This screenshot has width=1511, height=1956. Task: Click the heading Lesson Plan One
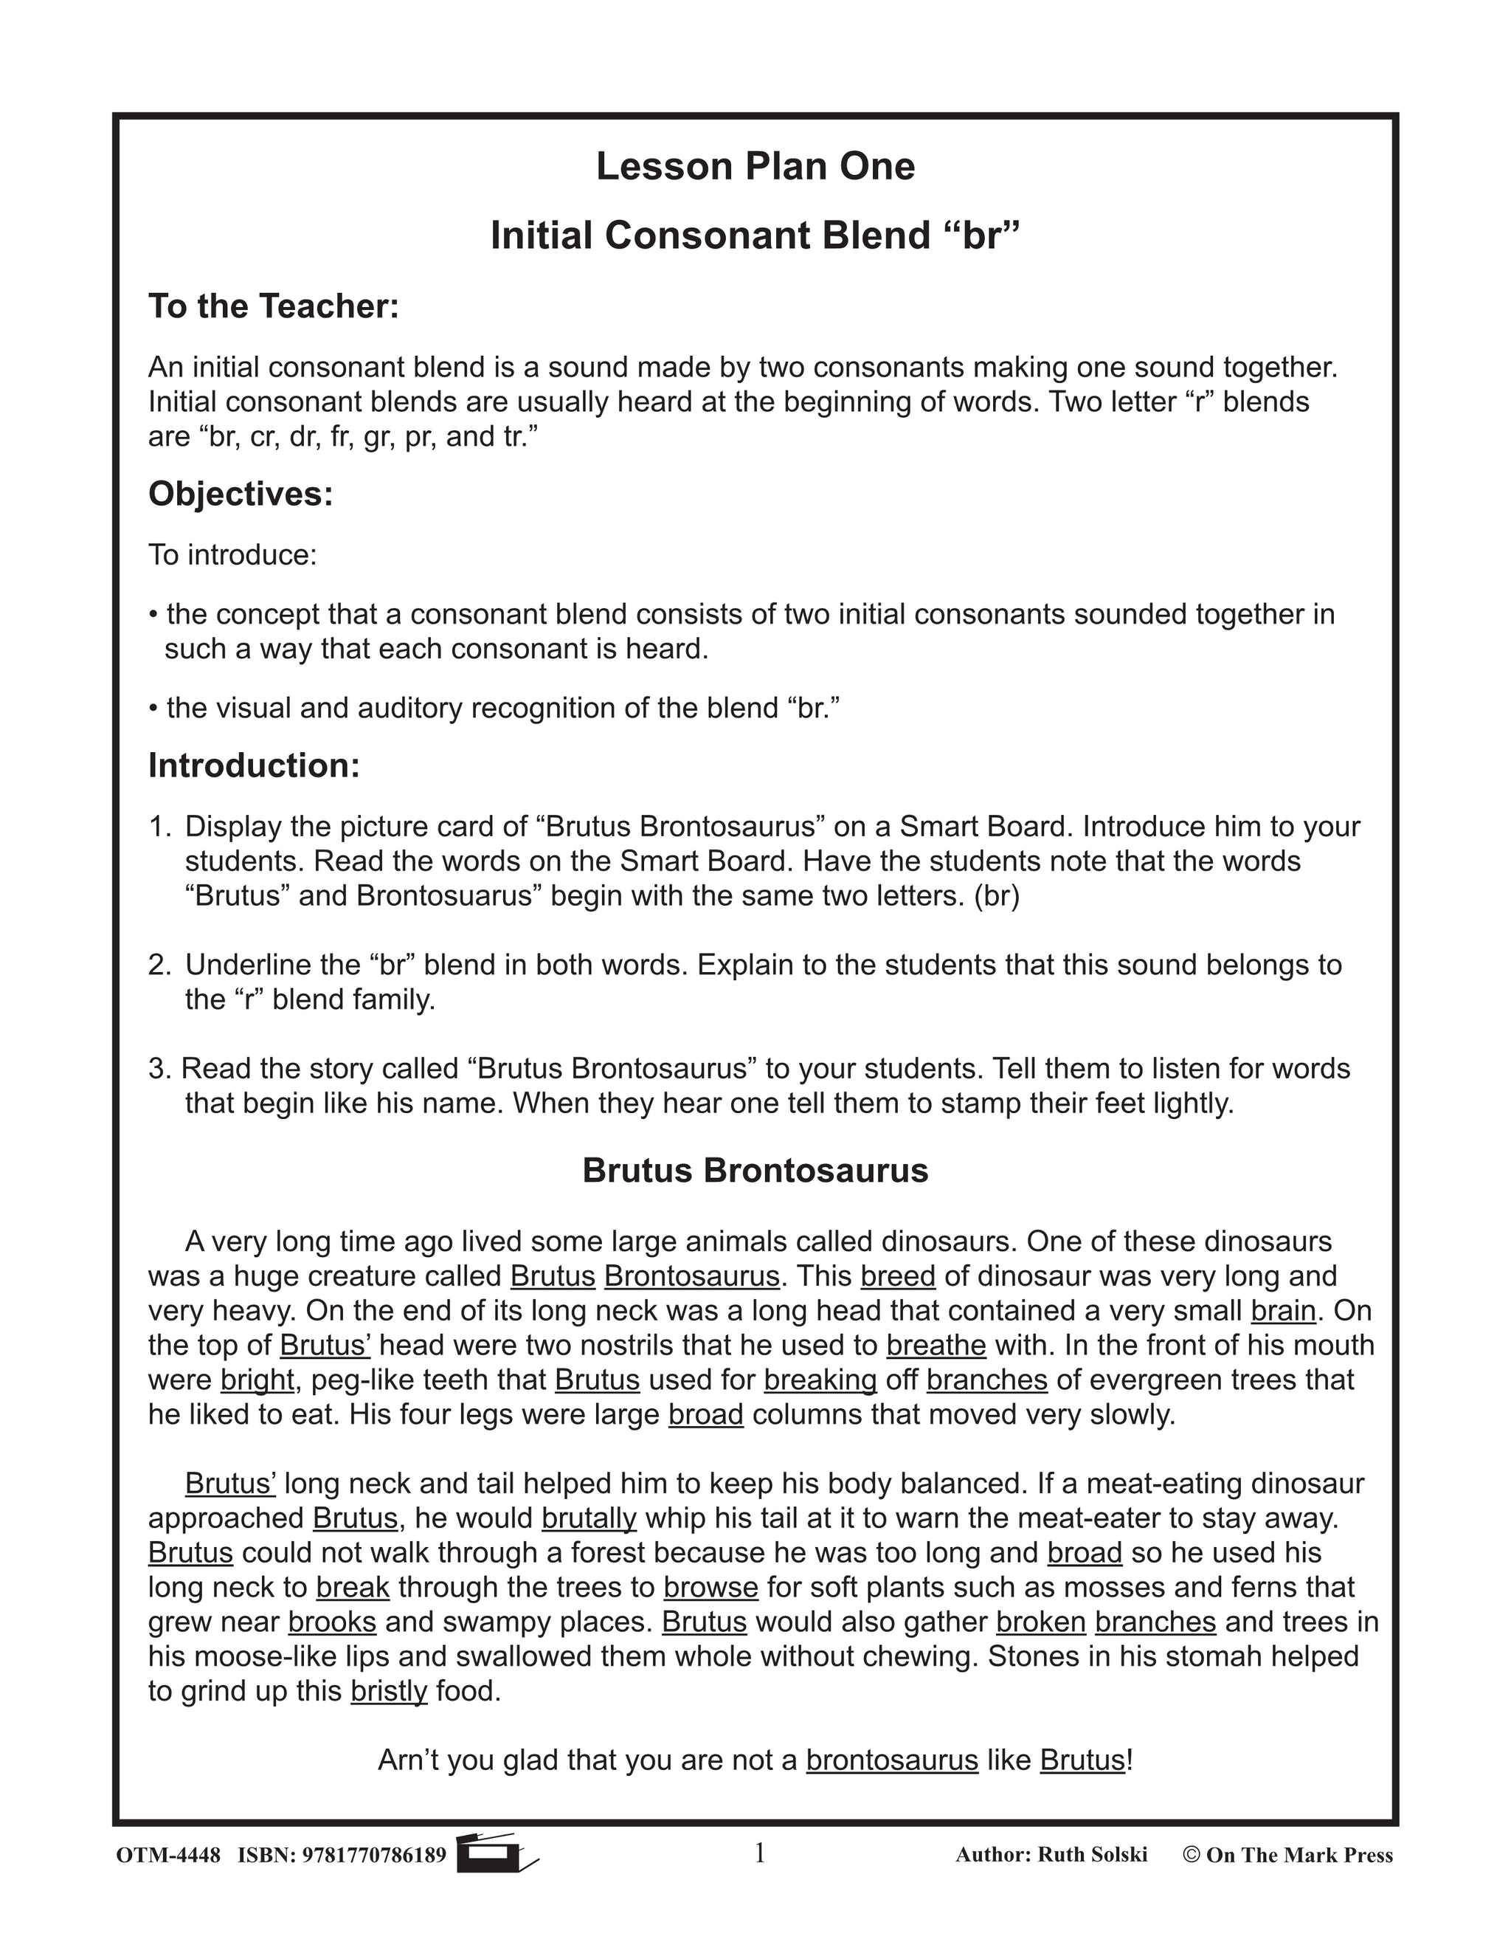755,167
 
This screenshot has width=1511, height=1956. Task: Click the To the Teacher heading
273,306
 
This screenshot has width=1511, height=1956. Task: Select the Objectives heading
240,494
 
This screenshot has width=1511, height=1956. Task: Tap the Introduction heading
253,765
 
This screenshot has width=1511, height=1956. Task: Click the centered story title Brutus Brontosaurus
755,1171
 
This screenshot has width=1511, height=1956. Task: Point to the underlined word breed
897,1276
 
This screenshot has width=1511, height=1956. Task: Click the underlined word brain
1283,1311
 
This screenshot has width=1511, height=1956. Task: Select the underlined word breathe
936,1345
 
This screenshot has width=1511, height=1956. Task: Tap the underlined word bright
257,1380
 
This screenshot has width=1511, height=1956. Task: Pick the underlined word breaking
820,1380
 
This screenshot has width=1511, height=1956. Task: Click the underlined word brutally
588,1518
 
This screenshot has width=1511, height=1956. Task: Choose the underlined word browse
710,1587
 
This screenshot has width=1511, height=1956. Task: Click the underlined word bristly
389,1691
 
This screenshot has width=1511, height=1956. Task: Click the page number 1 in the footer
759,1853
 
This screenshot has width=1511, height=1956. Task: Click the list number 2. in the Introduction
159,965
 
